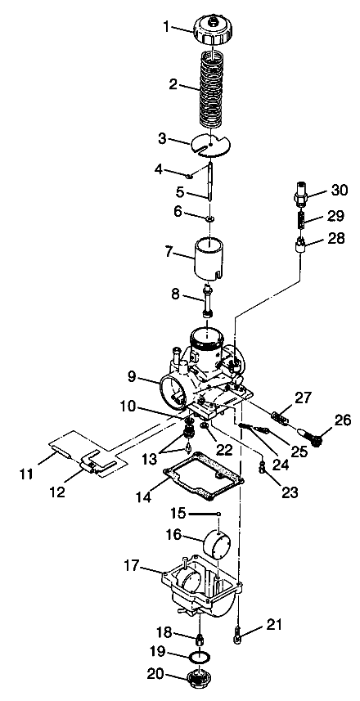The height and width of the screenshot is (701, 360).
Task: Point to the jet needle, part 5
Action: [x=210, y=186]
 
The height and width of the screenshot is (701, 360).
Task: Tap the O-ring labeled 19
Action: [x=199, y=657]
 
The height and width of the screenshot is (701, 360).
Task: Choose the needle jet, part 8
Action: [x=207, y=300]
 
